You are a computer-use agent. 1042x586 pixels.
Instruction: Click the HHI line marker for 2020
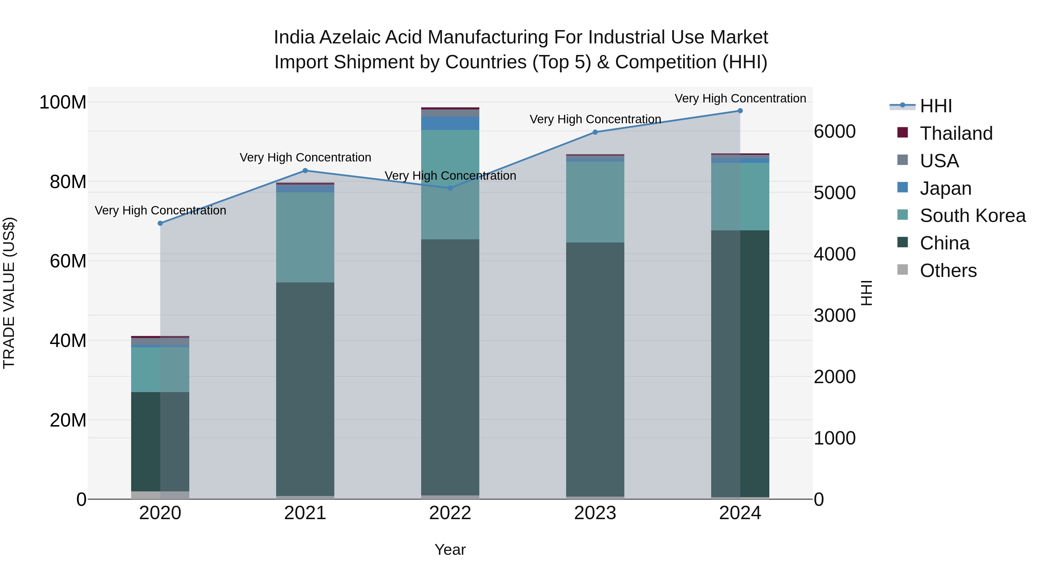click(160, 223)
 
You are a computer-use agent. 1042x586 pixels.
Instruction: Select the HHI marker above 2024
click(740, 111)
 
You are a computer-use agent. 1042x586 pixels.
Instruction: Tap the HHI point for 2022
click(450, 188)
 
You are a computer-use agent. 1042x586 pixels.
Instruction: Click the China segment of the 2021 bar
click(305, 388)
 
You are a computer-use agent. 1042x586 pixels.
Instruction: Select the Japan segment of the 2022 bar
click(450, 123)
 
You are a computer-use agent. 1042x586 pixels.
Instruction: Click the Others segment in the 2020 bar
click(160, 495)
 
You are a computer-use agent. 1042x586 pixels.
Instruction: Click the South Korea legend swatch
click(902, 215)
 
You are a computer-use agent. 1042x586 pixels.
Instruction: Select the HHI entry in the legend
click(935, 106)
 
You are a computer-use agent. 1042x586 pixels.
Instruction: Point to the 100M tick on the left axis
click(63, 102)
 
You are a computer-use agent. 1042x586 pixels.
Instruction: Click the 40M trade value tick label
click(68, 341)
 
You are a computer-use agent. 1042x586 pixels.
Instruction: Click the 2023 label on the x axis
click(595, 513)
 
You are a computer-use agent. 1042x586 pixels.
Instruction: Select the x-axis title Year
click(450, 550)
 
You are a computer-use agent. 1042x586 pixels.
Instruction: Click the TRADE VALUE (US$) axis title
click(9, 293)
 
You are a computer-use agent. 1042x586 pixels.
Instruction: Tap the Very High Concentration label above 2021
click(305, 157)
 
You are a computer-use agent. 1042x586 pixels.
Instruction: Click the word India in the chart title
click(294, 38)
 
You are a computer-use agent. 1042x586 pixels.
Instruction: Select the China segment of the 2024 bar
click(740, 364)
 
